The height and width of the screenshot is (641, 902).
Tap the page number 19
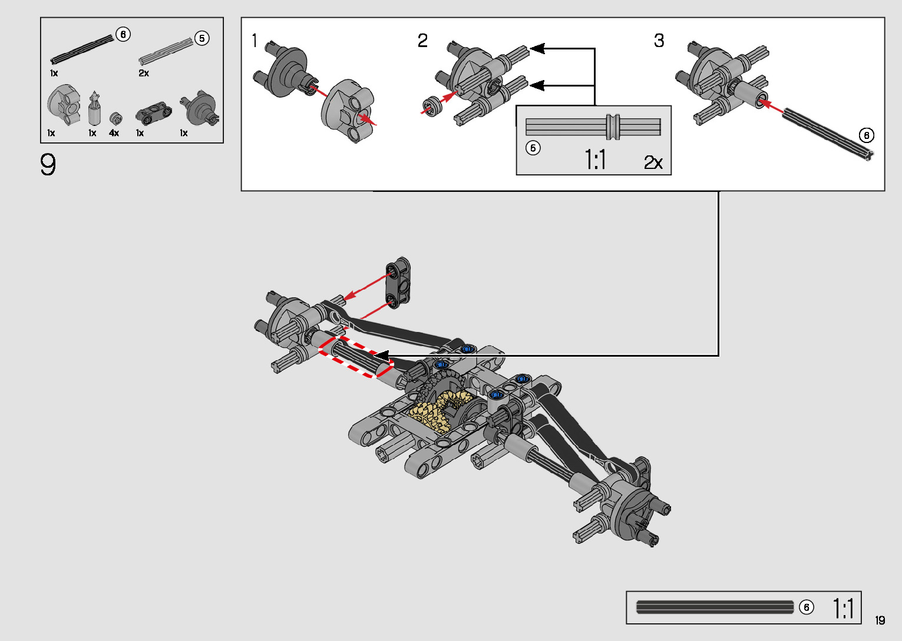point(880,620)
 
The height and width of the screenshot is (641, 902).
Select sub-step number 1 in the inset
point(255,41)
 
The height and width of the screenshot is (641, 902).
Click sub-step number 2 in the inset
point(422,41)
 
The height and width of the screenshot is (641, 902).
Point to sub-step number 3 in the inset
point(659,41)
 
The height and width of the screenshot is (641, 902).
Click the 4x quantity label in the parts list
point(114,134)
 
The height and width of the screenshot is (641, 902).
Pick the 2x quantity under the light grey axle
point(144,73)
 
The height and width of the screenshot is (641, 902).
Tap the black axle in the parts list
point(82,49)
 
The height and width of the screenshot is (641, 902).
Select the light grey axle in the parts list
point(166,51)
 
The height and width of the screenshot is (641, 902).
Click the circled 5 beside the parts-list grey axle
point(202,38)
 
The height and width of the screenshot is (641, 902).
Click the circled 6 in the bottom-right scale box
point(807,607)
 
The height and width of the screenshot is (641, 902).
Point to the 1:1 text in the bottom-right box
point(843,608)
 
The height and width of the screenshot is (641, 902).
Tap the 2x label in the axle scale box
point(653,162)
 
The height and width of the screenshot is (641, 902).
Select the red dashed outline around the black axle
point(356,357)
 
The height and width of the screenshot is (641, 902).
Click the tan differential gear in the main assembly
point(439,409)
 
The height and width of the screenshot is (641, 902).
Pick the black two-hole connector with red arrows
point(398,283)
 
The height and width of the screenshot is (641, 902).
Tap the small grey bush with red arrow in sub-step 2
point(429,106)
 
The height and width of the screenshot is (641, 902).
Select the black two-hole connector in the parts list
point(153,112)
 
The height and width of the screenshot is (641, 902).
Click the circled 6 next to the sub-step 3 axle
point(866,135)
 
